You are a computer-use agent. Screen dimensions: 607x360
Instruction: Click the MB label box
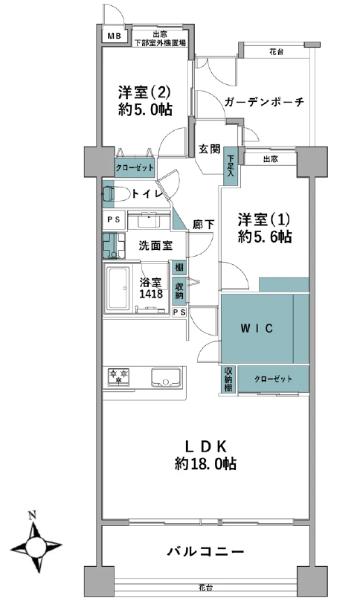click(115, 36)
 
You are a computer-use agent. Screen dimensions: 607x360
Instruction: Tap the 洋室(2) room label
click(145, 93)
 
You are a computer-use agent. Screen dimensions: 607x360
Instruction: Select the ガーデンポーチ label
click(263, 103)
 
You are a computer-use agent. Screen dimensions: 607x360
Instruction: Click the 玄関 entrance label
click(209, 148)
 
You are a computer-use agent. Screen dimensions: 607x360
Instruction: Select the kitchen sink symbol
click(165, 376)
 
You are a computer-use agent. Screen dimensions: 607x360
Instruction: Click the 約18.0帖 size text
click(206, 463)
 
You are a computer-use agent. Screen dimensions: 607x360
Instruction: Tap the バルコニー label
click(205, 551)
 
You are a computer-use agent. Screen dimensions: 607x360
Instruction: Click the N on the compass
click(32, 515)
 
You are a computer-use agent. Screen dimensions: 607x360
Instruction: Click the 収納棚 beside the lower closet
click(228, 379)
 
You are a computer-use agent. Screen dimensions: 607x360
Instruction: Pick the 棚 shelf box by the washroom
click(179, 267)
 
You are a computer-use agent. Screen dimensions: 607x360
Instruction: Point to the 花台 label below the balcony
click(205, 587)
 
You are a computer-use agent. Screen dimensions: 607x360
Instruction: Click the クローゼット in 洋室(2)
click(135, 167)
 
